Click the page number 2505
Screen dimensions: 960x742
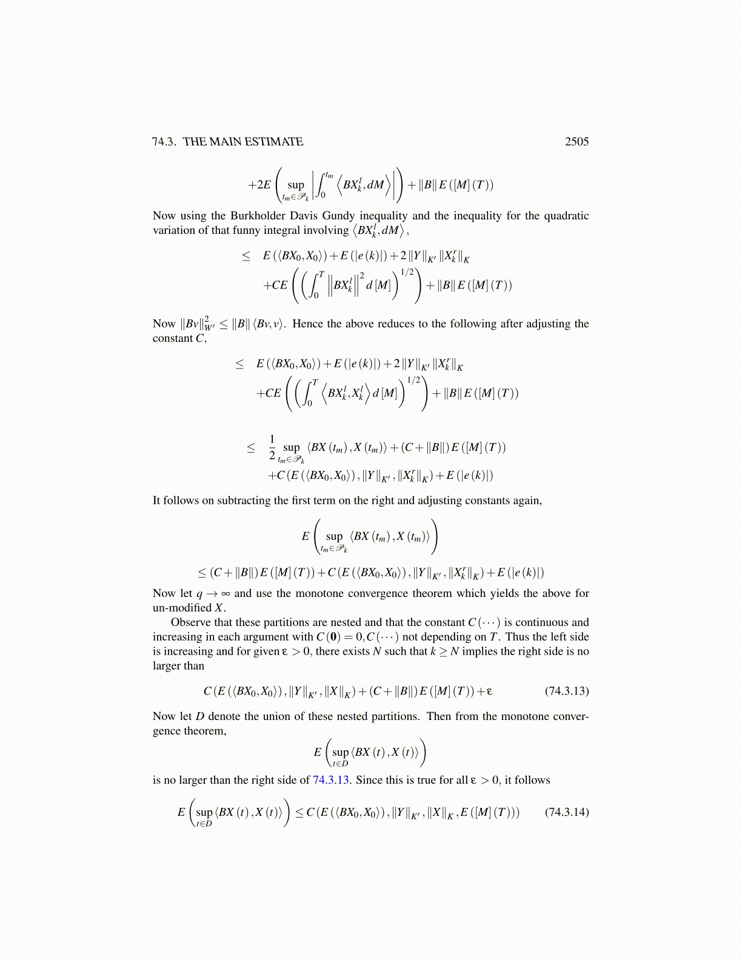pos(577,141)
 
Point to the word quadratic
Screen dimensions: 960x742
pos(563,216)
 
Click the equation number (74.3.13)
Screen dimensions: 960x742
pos(566,691)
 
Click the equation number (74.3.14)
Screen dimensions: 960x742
pos(566,812)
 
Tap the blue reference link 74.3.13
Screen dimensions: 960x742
pos(330,780)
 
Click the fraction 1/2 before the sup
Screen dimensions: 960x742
pos(272,447)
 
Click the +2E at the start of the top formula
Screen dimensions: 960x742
pos(259,185)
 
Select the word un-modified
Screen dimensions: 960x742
pos(182,608)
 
